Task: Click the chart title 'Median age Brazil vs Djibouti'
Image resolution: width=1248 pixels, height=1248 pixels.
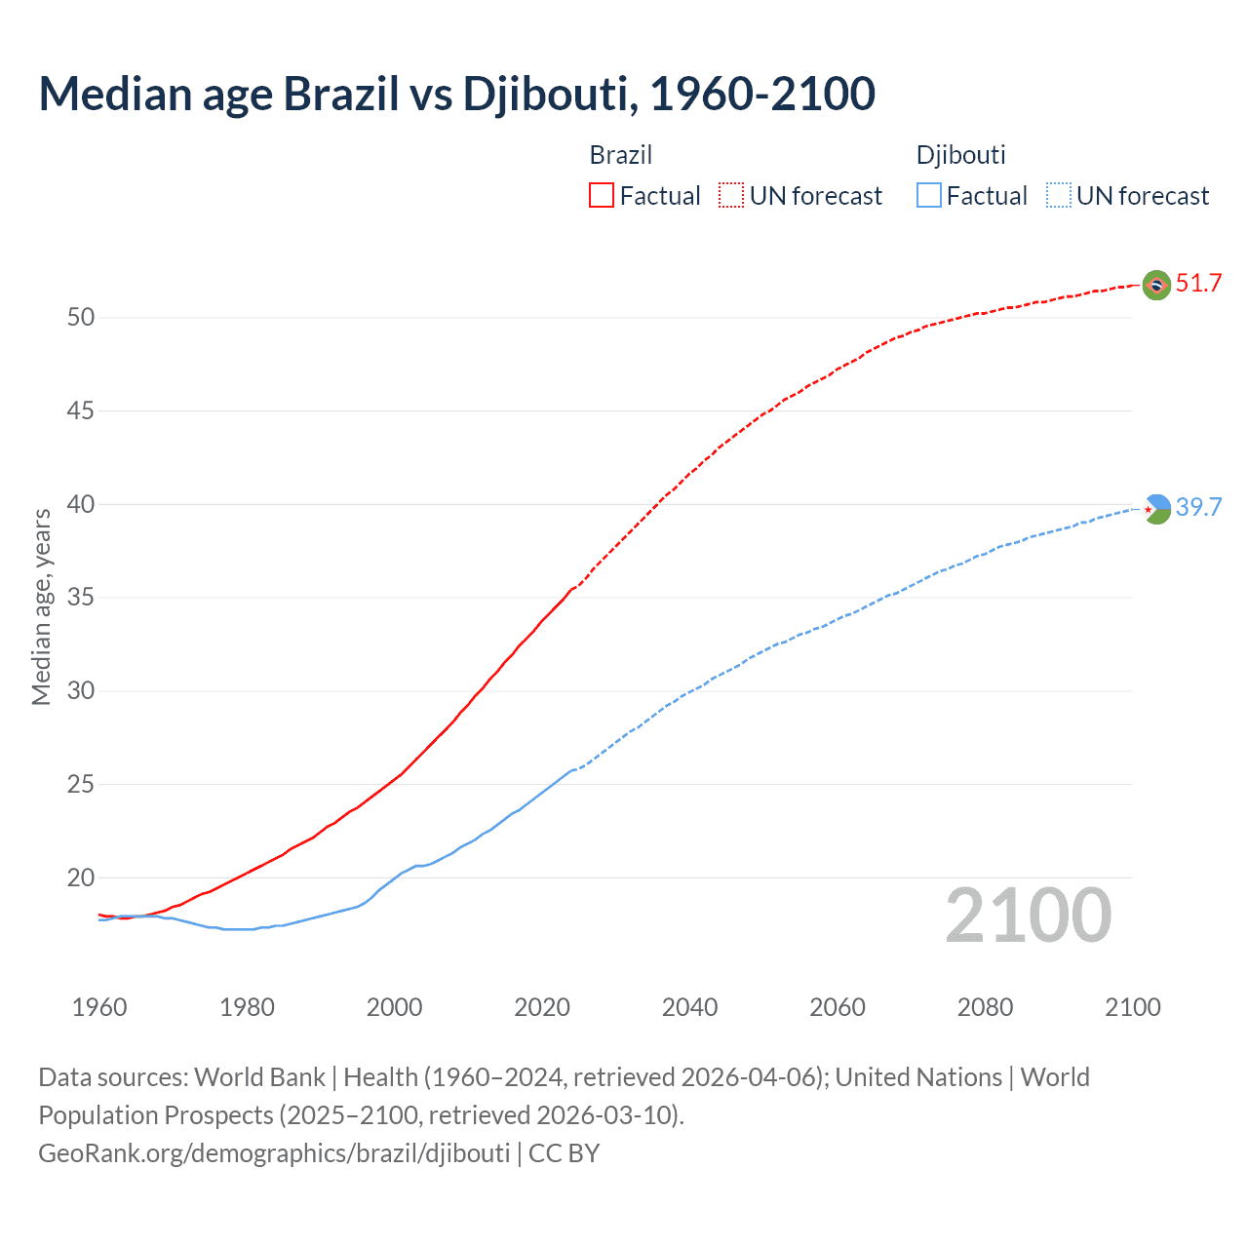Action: tap(456, 94)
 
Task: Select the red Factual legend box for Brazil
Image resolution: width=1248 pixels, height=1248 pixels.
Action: tap(602, 196)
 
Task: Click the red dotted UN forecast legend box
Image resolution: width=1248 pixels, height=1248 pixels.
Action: tap(731, 196)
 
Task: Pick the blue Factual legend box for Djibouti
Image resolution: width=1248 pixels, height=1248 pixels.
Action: tap(928, 196)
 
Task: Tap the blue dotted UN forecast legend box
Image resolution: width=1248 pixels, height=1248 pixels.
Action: tap(1058, 196)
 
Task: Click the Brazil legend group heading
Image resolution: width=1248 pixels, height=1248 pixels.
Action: tap(620, 155)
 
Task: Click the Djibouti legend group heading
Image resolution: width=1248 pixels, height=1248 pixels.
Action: tap(960, 155)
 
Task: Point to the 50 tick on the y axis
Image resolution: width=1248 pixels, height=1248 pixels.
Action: tap(81, 318)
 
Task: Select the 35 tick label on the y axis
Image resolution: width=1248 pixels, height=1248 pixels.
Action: tap(81, 598)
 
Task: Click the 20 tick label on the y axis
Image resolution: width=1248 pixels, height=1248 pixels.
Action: tap(81, 878)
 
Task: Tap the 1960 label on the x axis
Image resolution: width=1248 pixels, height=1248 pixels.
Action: tap(99, 1007)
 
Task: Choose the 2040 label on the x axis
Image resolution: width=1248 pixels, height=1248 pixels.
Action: tap(689, 1007)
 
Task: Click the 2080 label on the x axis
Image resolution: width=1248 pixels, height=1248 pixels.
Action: tap(985, 1007)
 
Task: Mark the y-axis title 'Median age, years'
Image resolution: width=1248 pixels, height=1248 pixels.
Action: tap(41, 606)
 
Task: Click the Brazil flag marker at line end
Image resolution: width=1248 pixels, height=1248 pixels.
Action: tap(1156, 285)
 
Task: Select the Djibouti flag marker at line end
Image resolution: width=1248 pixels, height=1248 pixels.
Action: tap(1156, 509)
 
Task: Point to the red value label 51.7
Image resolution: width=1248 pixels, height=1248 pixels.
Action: tap(1198, 284)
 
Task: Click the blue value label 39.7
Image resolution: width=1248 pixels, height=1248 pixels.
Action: tap(1198, 507)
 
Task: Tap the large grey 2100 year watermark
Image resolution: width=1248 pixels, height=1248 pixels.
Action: tap(1029, 916)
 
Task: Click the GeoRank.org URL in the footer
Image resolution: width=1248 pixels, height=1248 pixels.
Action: tap(274, 1153)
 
